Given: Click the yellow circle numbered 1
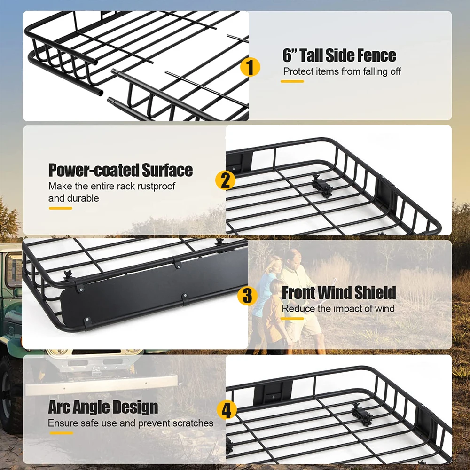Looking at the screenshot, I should pyautogui.click(x=250, y=67).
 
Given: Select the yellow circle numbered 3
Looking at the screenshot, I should pyautogui.click(x=247, y=297).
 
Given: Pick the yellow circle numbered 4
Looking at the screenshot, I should pyautogui.click(x=227, y=410).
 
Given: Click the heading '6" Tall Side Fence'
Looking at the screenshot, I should pyautogui.click(x=339, y=55).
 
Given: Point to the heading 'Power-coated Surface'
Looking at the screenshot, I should pyautogui.click(x=120, y=170).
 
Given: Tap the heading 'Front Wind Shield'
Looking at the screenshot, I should pyautogui.click(x=339, y=292).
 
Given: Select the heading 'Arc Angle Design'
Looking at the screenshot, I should pyautogui.click(x=103, y=407).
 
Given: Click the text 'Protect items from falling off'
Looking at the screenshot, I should pyautogui.click(x=342, y=72).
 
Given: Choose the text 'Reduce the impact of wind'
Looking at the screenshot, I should pyautogui.click(x=338, y=309).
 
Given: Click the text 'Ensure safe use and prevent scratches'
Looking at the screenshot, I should pyautogui.click(x=131, y=423).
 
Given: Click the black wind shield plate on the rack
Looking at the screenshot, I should pyautogui.click(x=155, y=291).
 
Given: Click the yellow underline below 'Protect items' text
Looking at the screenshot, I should pyautogui.click(x=292, y=82).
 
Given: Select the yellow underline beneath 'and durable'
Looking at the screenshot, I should pyautogui.click(x=60, y=208).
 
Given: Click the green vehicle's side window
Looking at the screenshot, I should pyautogui.click(x=14, y=270).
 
